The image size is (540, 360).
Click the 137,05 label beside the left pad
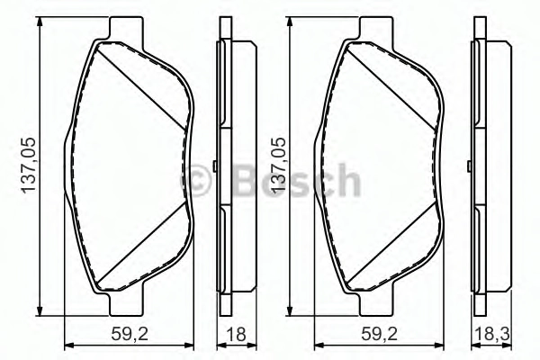pos(29,166)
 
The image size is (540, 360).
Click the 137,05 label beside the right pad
pos(279,166)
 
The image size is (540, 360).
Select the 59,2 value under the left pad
pos(130,334)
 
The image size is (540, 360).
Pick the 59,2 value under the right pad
pos(379,334)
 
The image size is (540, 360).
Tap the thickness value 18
pos(236,334)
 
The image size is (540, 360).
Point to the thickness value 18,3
pos(492,334)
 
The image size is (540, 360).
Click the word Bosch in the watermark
pos(296,180)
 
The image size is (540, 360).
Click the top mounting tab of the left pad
pos(126,28)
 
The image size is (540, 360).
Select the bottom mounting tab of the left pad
pos(126,304)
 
